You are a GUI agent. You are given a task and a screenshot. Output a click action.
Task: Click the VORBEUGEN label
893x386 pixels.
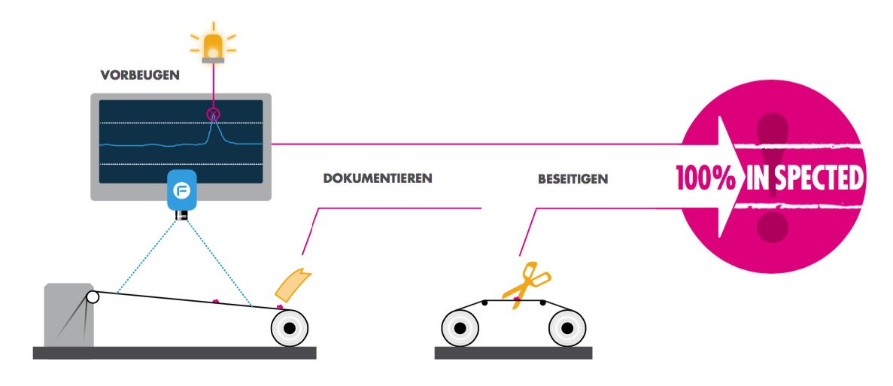tap(139, 74)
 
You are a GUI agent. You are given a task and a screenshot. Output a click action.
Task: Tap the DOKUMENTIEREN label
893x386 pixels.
tap(378, 178)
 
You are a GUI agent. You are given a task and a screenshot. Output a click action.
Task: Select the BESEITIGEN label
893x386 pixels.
tap(573, 179)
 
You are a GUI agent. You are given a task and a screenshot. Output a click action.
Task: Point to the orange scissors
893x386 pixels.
tap(524, 284)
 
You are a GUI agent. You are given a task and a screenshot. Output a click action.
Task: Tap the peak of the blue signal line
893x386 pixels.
tap(214, 114)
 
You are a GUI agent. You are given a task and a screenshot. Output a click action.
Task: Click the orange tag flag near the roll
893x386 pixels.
tap(292, 285)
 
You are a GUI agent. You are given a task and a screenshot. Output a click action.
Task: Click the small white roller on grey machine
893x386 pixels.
tap(93, 296)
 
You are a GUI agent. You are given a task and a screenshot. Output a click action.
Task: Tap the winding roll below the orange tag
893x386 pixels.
tap(290, 329)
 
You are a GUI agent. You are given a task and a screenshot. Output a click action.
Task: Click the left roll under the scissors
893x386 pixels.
tap(460, 329)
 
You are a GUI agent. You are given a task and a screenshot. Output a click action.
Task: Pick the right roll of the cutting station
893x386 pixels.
tap(567, 329)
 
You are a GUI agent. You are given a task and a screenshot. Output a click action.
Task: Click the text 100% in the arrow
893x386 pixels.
tap(706, 178)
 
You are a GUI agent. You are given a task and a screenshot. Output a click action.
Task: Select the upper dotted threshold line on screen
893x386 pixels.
tap(181, 123)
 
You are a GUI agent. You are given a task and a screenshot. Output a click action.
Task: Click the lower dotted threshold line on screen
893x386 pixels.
tap(181, 165)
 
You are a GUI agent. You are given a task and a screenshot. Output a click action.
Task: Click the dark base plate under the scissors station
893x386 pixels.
tap(513, 353)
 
